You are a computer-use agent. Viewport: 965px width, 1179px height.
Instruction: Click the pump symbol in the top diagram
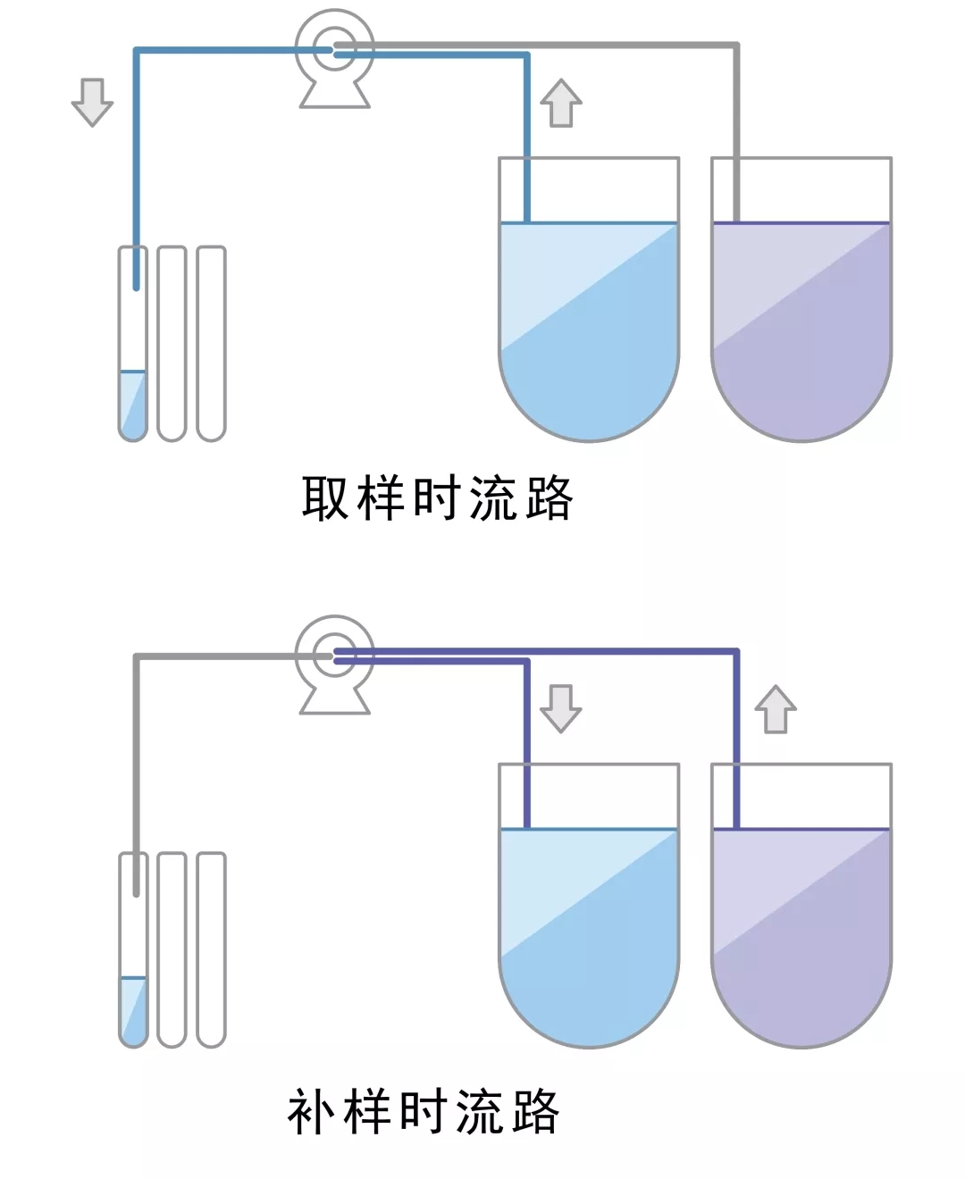(335, 55)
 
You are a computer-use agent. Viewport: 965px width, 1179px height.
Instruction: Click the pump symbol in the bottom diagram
(335, 662)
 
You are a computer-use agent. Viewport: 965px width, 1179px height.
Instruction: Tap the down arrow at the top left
(92, 102)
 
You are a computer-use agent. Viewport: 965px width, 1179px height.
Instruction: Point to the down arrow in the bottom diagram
(561, 708)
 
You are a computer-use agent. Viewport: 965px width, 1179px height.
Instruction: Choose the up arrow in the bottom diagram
(775, 709)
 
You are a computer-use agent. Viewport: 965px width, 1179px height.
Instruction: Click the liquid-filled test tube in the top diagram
(133, 357)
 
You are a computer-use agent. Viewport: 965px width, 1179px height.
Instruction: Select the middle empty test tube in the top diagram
(172, 344)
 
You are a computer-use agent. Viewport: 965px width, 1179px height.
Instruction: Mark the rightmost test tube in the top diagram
(211, 344)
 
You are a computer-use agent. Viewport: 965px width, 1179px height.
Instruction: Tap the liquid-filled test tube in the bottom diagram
(133, 965)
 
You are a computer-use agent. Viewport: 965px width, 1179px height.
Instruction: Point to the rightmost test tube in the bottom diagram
(211, 949)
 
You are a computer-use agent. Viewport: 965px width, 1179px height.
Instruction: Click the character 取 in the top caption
(325, 498)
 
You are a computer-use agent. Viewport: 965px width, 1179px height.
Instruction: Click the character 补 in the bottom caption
(310, 1111)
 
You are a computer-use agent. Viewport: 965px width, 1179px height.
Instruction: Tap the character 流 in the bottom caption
(478, 1111)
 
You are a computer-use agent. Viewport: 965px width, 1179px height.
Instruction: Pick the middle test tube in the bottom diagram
(172, 949)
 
